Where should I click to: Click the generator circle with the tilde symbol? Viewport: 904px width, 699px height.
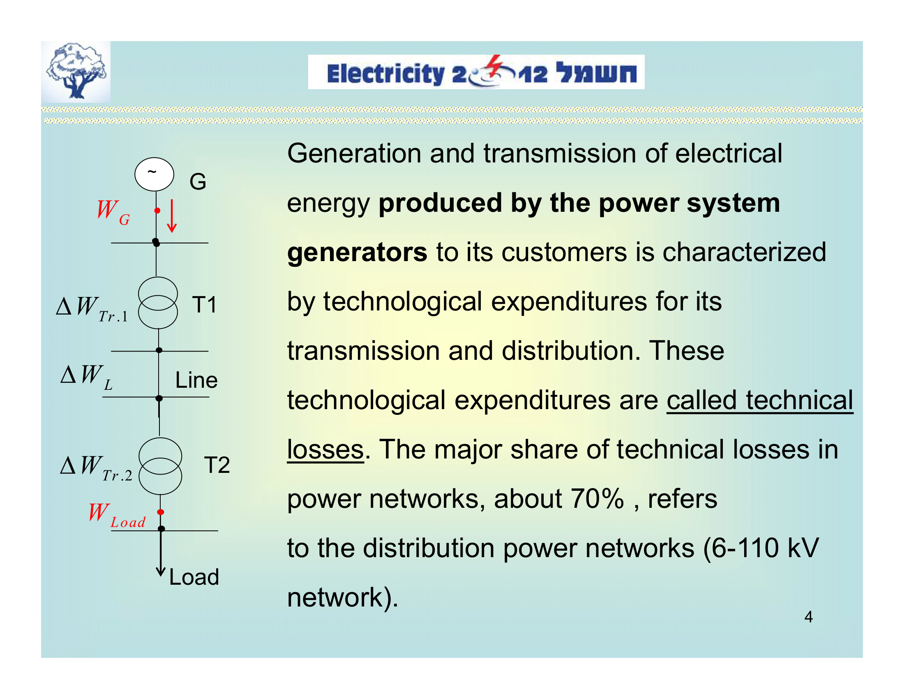[154, 174]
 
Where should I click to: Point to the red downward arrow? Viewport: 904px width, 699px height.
[172, 216]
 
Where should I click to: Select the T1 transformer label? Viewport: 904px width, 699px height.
[205, 305]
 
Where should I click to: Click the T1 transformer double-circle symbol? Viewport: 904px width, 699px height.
[158, 303]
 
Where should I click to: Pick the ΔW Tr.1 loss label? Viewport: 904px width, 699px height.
[92, 309]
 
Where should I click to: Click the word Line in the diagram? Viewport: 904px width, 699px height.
[196, 380]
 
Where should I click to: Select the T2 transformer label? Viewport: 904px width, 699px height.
[217, 465]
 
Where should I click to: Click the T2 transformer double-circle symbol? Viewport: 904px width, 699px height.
[160, 466]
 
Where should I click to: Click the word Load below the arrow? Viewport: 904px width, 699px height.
[194, 577]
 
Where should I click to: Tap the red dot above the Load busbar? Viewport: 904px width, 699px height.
[161, 512]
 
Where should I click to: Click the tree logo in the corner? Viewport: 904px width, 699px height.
[76, 72]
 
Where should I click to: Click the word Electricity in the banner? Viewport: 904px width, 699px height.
[385, 74]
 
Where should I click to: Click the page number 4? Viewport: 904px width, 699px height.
[808, 617]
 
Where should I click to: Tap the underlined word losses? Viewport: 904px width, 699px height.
[325, 449]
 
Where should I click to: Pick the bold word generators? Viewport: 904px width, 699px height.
[357, 252]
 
